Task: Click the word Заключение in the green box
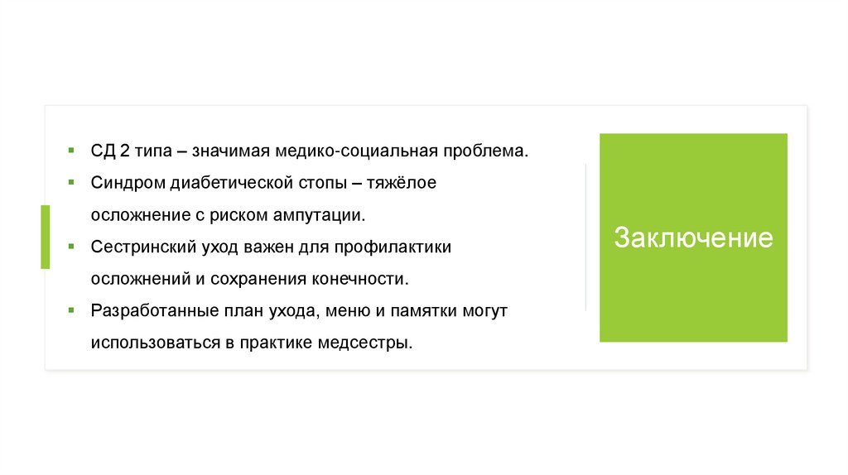(x=693, y=238)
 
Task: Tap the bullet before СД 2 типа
(x=72, y=151)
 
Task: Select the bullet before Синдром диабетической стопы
(x=72, y=182)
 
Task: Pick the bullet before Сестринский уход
(x=72, y=247)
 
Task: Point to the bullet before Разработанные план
(x=72, y=311)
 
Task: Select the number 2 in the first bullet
(x=123, y=151)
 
